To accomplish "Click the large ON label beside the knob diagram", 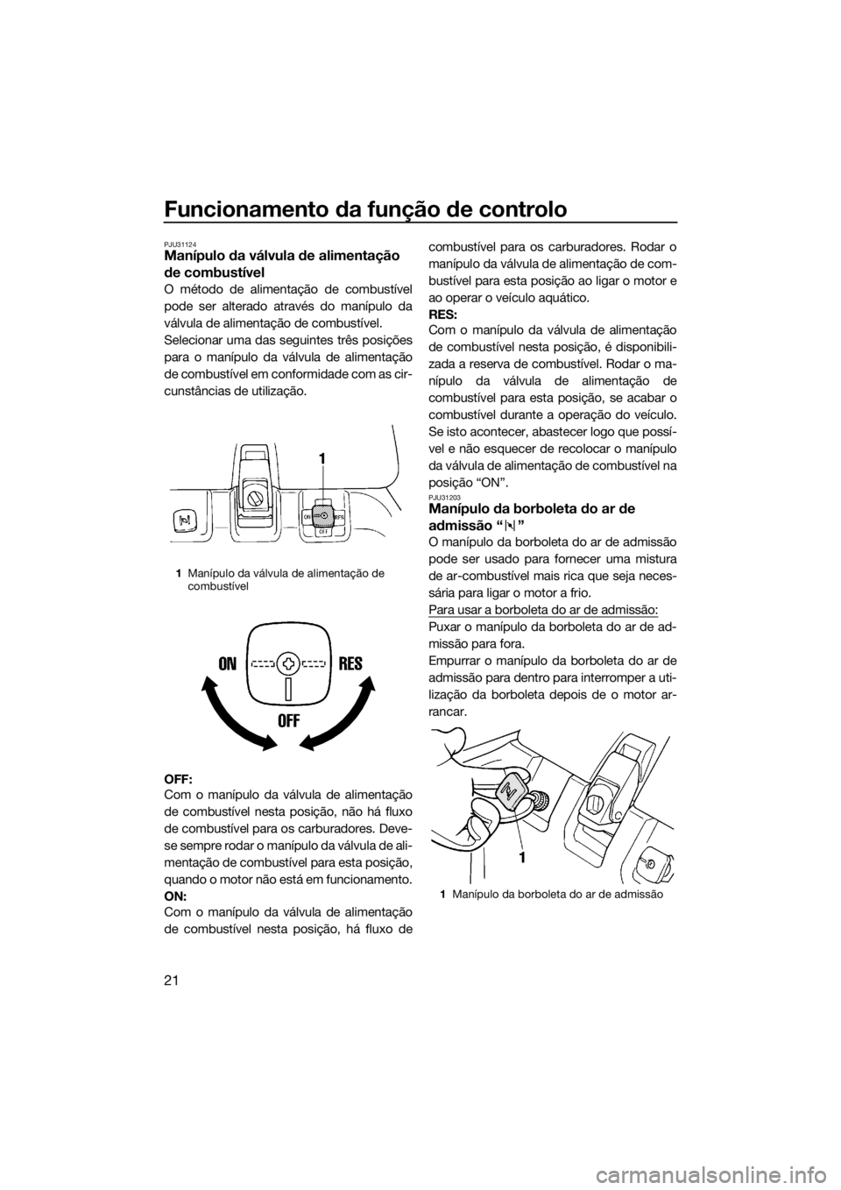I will (x=225, y=664).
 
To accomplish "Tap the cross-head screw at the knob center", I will (x=288, y=663).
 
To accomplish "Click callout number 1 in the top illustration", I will (x=323, y=458).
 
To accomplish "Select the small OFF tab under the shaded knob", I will (x=323, y=532).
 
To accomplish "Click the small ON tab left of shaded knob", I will (x=306, y=517).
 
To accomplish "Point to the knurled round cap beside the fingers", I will (x=541, y=800).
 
